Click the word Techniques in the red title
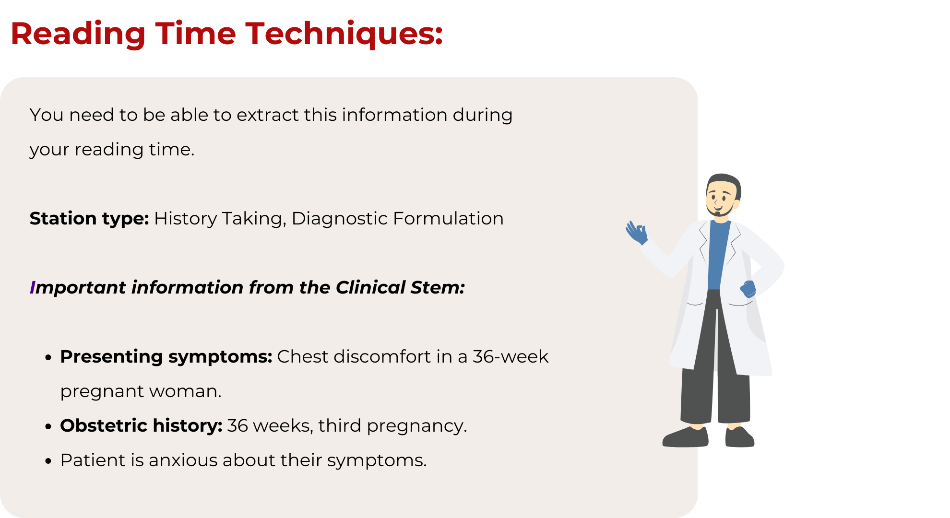pyautogui.click(x=344, y=35)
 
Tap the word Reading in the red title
pyautogui.click(x=78, y=35)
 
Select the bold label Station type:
pyautogui.click(x=89, y=219)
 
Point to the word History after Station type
pyautogui.click(x=185, y=219)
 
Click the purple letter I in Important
pyautogui.click(x=32, y=288)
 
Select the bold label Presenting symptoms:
pyautogui.click(x=166, y=357)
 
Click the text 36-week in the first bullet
pyautogui.click(x=511, y=357)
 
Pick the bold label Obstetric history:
pyautogui.click(x=141, y=426)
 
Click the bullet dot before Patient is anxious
pyautogui.click(x=48, y=461)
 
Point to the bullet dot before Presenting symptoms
pyautogui.click(x=48, y=358)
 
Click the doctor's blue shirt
pyautogui.click(x=718, y=254)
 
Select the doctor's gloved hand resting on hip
pyautogui.click(x=748, y=289)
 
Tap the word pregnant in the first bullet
pyautogui.click(x=101, y=392)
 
